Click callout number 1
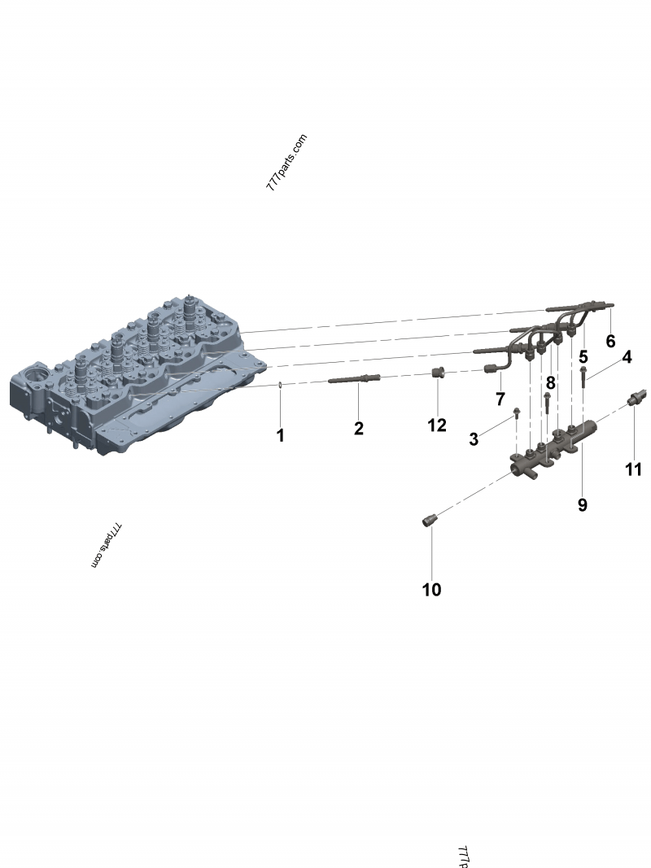click(280, 435)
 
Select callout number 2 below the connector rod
click(358, 428)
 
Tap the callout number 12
click(437, 425)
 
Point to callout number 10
click(431, 590)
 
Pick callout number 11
click(633, 469)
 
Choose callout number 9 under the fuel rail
click(582, 504)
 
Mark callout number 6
click(610, 341)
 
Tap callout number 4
click(627, 356)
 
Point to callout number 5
click(583, 356)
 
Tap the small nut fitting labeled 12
click(438, 373)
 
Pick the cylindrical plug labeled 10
click(431, 520)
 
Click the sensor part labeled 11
click(636, 399)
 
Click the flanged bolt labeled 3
click(517, 417)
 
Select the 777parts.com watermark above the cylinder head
click(286, 163)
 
